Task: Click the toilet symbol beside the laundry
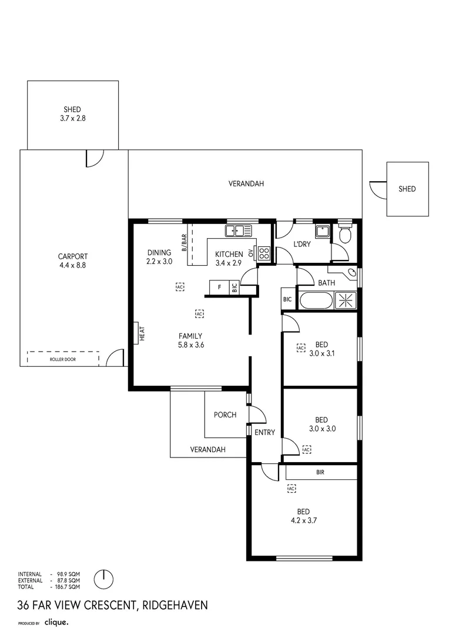(x=345, y=235)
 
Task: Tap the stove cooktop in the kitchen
(x=264, y=253)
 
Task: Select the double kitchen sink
(x=239, y=230)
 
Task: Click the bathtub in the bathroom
(x=316, y=301)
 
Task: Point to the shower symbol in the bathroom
(x=345, y=301)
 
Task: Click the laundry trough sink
(x=323, y=230)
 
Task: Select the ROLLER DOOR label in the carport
(x=63, y=359)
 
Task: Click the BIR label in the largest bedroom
(x=320, y=472)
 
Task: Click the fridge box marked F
(x=219, y=288)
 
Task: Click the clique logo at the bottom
(x=57, y=621)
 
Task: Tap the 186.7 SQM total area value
(x=68, y=586)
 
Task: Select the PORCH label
(x=224, y=415)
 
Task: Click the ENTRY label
(x=264, y=432)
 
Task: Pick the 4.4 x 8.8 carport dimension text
(x=73, y=265)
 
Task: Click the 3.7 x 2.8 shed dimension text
(x=72, y=118)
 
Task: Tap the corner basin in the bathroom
(x=351, y=273)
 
